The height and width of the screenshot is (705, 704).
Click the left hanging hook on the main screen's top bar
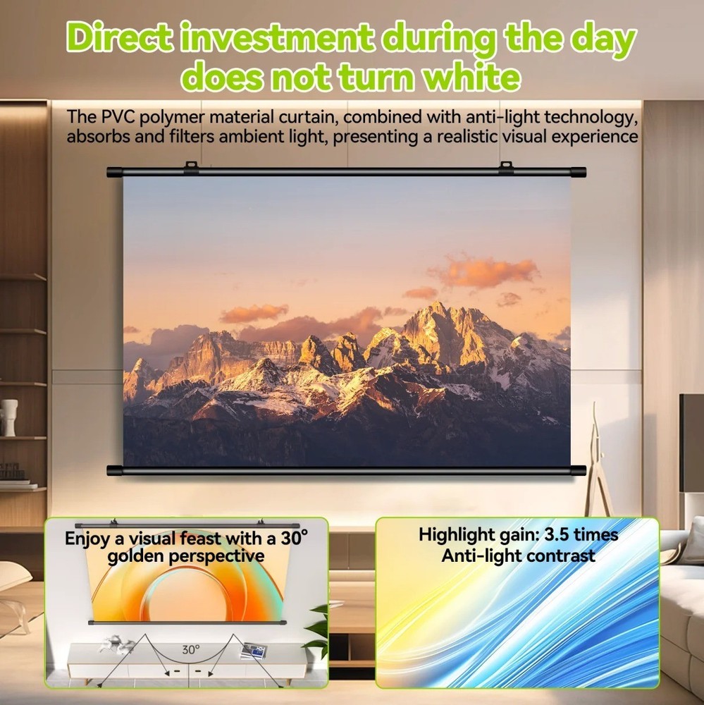(191, 168)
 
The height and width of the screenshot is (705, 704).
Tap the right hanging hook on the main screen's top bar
(505, 168)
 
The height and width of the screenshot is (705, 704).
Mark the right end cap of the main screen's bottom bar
(578, 470)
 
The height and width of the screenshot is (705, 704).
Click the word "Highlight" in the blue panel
(458, 534)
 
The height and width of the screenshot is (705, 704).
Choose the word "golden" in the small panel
(140, 556)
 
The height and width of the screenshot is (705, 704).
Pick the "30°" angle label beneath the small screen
(191, 650)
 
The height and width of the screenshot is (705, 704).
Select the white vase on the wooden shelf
(9, 417)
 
